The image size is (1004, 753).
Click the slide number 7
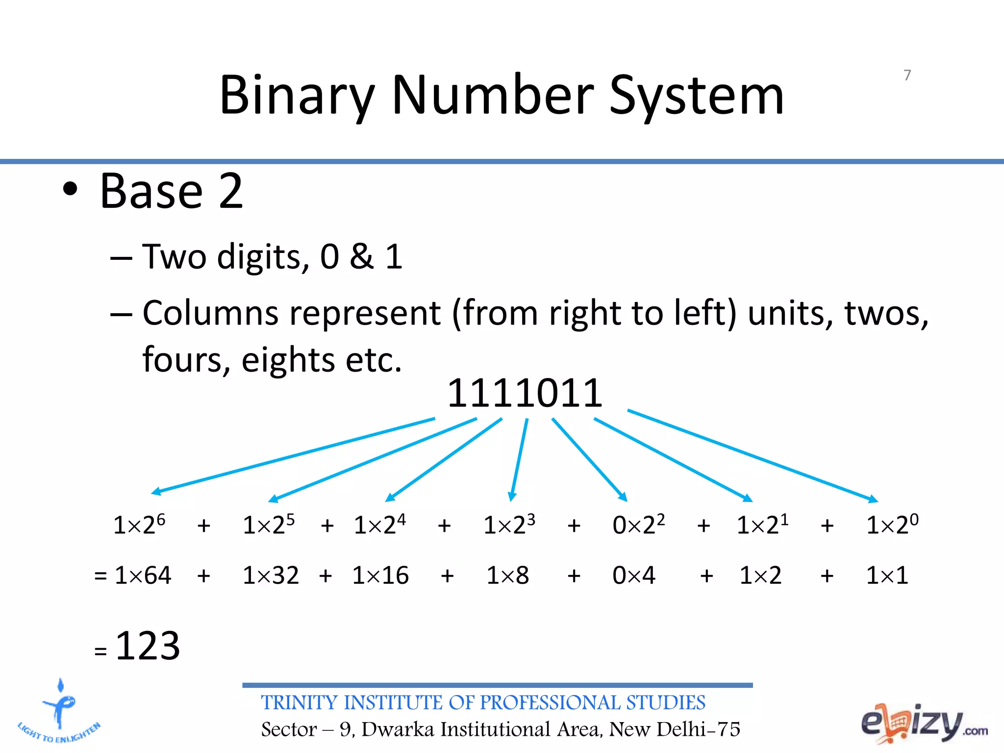click(907, 75)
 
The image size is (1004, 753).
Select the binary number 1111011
click(525, 393)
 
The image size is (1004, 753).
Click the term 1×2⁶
click(139, 525)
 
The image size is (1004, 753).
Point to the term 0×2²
click(638, 525)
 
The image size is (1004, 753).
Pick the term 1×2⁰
click(892, 525)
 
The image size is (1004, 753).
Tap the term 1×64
click(143, 575)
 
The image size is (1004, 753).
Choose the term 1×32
click(271, 575)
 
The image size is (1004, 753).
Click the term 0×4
click(633, 575)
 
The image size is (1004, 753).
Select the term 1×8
click(507, 575)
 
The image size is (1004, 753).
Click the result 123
click(148, 646)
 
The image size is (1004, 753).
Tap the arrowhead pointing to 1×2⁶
click(155, 491)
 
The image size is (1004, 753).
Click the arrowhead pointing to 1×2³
click(512, 497)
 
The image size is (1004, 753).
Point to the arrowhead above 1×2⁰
click(873, 500)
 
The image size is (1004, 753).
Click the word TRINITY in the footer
click(300, 703)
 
